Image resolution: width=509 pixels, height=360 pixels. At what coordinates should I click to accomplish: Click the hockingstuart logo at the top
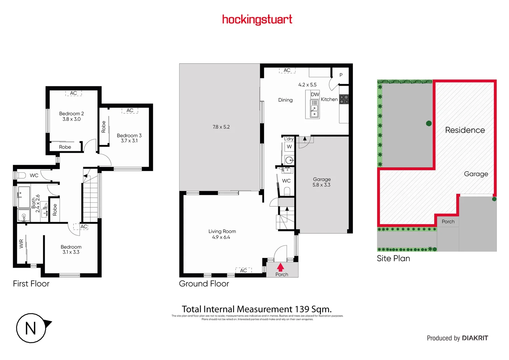click(x=257, y=20)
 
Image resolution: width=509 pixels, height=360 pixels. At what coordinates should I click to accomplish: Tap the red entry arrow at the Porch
click(x=280, y=267)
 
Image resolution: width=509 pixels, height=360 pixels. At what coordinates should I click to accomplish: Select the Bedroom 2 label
click(x=71, y=114)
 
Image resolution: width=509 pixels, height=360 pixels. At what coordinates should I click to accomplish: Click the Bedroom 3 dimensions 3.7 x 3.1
click(x=129, y=141)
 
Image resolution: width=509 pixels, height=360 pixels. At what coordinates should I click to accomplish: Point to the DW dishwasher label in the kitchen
click(x=315, y=94)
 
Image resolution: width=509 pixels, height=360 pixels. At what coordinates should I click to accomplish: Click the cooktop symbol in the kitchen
click(x=344, y=99)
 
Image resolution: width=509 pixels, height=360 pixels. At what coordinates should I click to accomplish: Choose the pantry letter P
click(x=341, y=75)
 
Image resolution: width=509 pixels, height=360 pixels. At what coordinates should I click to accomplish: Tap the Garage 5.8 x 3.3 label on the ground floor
click(x=321, y=182)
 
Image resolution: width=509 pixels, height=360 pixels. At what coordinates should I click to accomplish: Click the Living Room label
click(x=222, y=231)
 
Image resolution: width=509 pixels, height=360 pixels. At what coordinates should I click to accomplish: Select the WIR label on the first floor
click(x=21, y=244)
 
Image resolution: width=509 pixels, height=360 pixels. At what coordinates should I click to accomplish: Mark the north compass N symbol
click(x=31, y=328)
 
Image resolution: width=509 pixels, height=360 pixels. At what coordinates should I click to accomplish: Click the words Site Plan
click(x=393, y=258)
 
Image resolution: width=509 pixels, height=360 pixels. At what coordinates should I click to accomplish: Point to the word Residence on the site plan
click(x=465, y=130)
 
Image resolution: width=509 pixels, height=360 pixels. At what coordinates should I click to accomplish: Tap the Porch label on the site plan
click(x=448, y=221)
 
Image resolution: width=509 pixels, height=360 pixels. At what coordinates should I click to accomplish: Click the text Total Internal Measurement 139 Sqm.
click(x=256, y=309)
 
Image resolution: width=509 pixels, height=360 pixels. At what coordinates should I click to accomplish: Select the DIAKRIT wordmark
click(x=475, y=338)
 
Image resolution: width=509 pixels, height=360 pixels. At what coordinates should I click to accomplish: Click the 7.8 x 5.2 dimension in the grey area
click(x=221, y=127)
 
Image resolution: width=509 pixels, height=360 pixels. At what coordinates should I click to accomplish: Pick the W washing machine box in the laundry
click(x=289, y=147)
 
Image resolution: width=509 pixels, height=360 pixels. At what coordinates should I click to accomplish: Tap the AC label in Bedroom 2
click(x=74, y=93)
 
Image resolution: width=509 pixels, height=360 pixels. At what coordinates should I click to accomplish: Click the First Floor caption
click(x=31, y=284)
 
